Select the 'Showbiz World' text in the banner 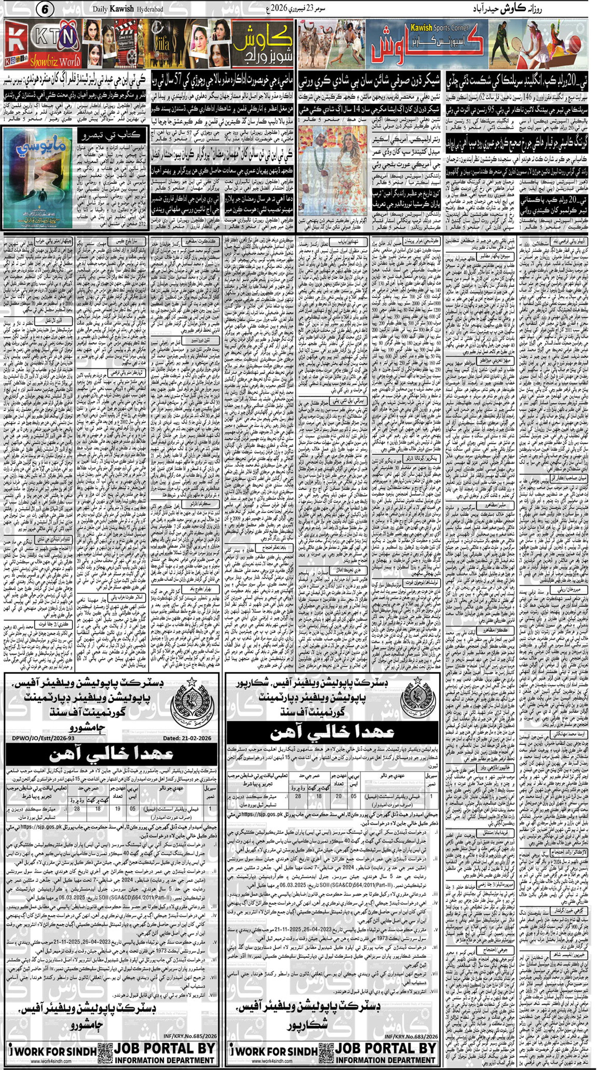point(55,62)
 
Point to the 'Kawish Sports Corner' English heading point(439,28)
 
